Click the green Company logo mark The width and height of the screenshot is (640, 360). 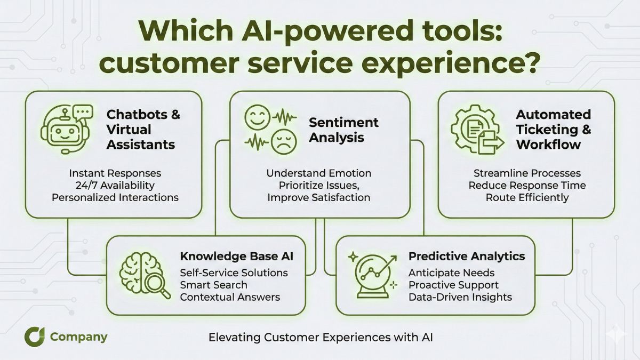(34, 337)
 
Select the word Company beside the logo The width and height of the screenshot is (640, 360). (78, 337)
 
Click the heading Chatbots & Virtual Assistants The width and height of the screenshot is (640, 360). (143, 129)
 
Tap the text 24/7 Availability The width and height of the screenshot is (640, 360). (115, 185)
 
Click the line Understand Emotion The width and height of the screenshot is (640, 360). (319, 173)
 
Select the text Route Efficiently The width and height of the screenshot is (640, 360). (527, 197)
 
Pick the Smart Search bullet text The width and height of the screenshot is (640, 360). (213, 285)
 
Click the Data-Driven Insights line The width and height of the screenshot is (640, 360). (460, 297)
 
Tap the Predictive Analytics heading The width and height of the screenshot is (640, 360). (466, 256)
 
